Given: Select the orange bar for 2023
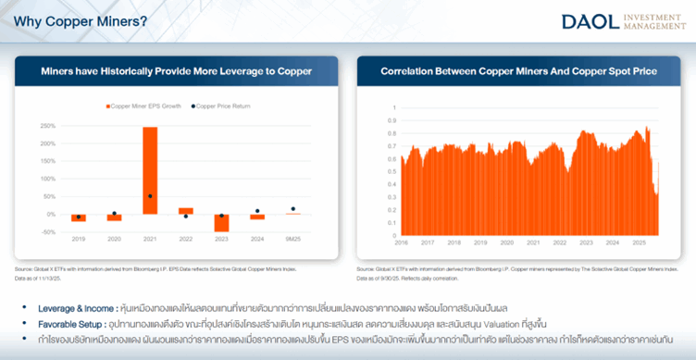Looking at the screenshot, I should coord(221,222).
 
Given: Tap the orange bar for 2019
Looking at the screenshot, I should coord(78,217).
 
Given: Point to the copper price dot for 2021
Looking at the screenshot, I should coord(150,196).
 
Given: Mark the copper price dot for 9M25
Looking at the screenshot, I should coord(293,209).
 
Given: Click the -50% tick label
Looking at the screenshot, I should coord(50,231).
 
